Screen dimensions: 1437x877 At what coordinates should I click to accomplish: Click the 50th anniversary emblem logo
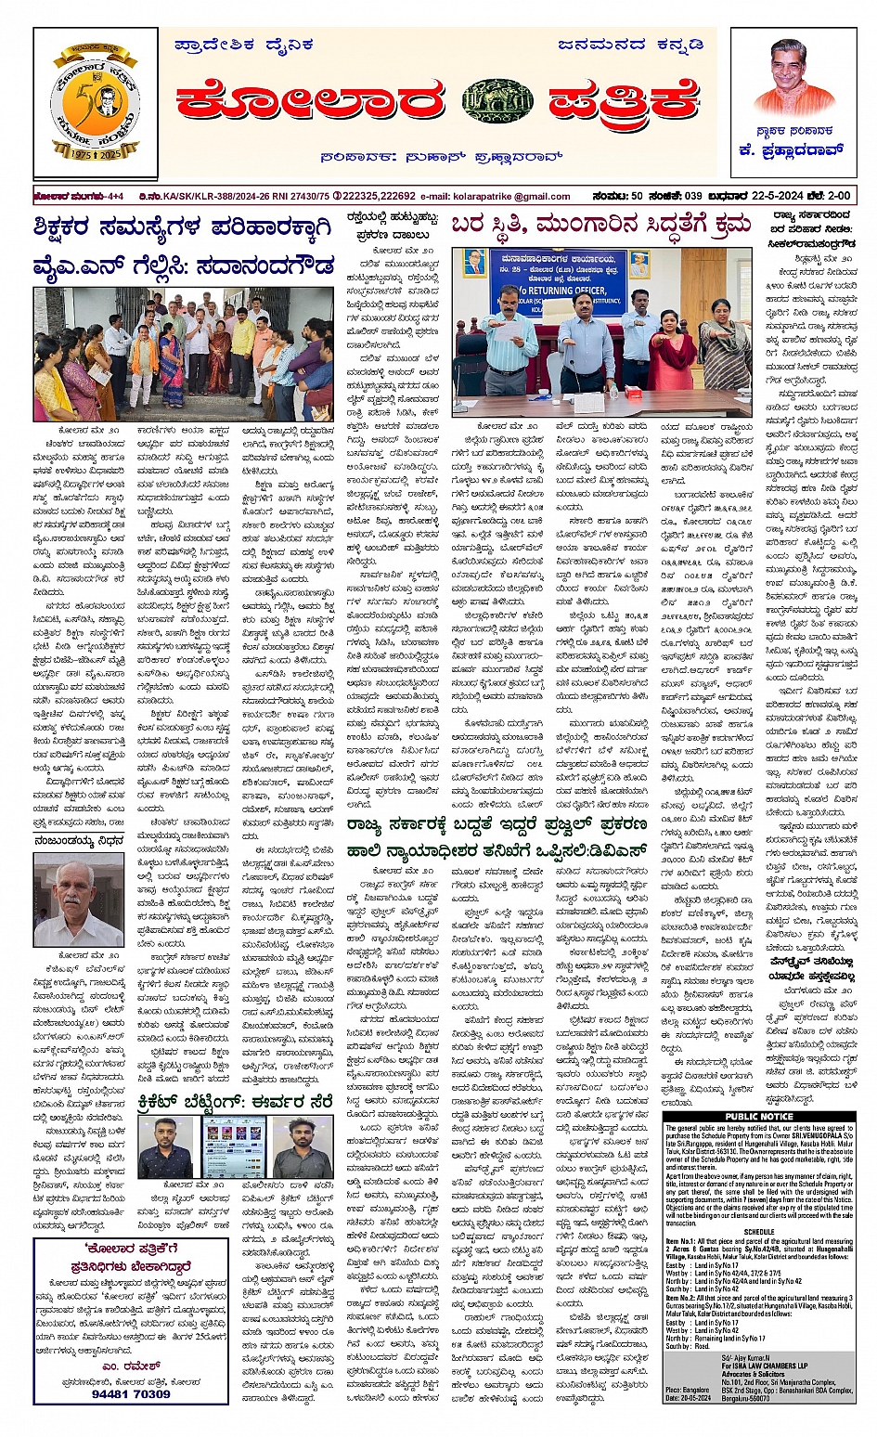(96, 103)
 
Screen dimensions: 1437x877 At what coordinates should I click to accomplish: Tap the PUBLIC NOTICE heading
(759, 1116)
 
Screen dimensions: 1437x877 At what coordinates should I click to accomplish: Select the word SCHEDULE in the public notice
(758, 1232)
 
